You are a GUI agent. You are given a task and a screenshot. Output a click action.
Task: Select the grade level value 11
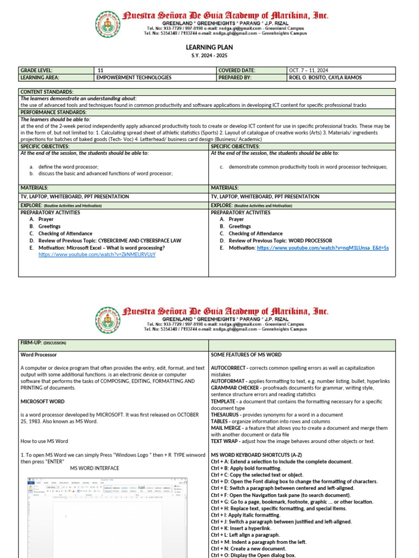click(x=100, y=70)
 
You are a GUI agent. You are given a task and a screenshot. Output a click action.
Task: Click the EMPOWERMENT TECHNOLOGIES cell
click(x=134, y=77)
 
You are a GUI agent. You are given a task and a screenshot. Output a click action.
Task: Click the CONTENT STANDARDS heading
click(x=47, y=92)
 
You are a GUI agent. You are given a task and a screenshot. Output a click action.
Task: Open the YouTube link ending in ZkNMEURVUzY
click(x=97, y=254)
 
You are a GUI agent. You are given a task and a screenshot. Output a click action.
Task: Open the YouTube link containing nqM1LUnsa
click(x=322, y=247)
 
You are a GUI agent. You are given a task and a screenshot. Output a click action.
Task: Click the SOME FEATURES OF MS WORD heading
click(x=246, y=355)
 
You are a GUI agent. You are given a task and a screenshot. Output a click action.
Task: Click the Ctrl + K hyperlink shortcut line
click(x=241, y=529)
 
